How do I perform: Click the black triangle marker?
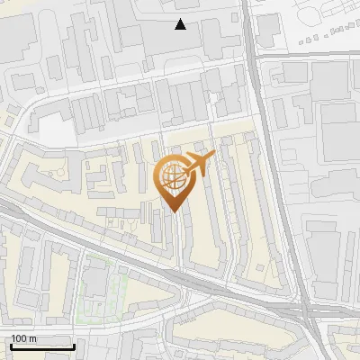[x=181, y=24]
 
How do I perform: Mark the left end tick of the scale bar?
[x=11, y=345]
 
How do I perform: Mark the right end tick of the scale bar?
[x=74, y=345]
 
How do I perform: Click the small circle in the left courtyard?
[x=57, y=171]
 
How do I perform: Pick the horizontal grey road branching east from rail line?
[x=306, y=56]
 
